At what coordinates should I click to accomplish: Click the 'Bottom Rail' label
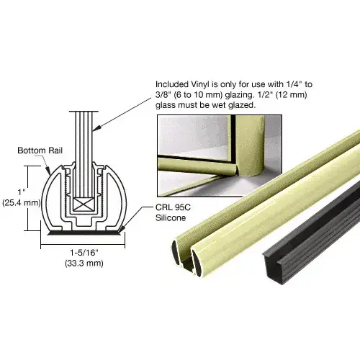click(40, 150)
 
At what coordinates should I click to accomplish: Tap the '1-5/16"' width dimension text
click(84, 253)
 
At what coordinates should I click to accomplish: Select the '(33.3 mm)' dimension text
click(84, 264)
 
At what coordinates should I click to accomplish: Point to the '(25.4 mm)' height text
click(22, 203)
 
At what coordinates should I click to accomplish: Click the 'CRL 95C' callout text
click(173, 207)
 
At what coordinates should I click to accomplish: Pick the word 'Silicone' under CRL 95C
click(171, 218)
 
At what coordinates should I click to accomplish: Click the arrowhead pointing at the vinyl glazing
click(95, 129)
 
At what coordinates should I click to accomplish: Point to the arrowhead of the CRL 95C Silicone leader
click(122, 230)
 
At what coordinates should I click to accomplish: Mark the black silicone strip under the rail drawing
click(84, 233)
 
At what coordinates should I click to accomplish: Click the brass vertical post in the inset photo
click(250, 146)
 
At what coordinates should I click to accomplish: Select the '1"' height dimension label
click(22, 192)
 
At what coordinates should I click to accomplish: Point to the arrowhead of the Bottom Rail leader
click(48, 171)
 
